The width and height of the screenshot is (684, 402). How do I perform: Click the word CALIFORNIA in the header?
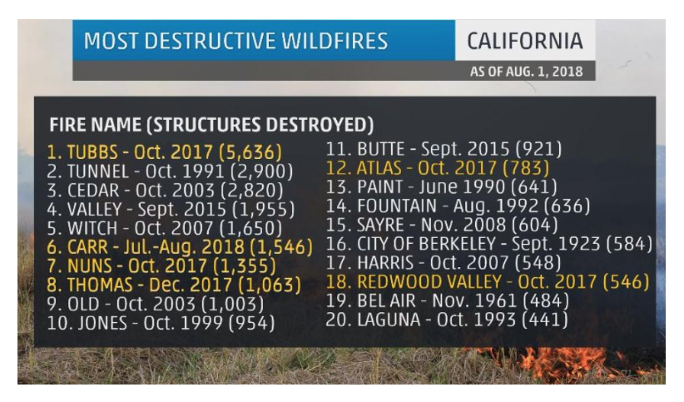point(525,41)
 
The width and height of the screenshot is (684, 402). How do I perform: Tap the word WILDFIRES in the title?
point(335,41)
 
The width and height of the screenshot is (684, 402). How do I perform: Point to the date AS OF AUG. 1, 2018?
point(526,72)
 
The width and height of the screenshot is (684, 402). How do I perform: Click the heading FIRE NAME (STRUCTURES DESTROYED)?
point(211,125)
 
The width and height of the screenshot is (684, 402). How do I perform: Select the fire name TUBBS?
point(92,152)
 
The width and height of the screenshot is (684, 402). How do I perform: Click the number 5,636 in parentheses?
point(250,152)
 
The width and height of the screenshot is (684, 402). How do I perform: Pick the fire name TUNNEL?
point(98,171)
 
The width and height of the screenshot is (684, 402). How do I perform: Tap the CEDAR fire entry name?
point(93,191)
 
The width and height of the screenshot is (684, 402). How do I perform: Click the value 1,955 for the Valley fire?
point(264,210)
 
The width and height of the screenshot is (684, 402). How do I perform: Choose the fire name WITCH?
point(92,228)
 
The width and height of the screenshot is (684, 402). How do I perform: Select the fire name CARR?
point(87,247)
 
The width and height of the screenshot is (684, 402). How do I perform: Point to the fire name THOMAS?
point(100,285)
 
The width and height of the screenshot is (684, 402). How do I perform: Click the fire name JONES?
point(102,324)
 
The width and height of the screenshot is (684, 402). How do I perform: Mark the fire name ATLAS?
point(379,168)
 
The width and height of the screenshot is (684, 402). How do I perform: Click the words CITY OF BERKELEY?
point(426,244)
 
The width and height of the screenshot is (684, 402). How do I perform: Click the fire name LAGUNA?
point(389,320)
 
